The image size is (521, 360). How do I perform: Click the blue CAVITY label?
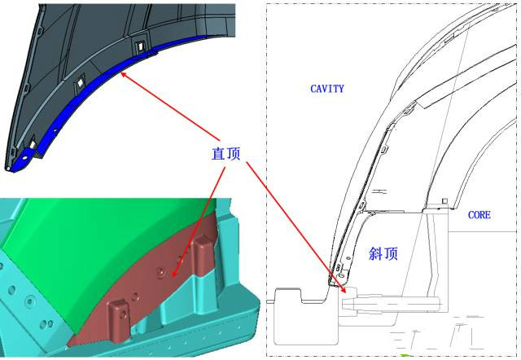(x=327, y=89)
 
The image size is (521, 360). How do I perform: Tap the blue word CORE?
(x=479, y=215)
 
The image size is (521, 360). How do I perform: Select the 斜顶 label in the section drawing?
(x=383, y=254)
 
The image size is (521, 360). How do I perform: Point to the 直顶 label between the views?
(x=226, y=154)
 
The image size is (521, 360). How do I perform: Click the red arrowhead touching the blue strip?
(x=123, y=74)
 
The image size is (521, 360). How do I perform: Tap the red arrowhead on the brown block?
(x=173, y=273)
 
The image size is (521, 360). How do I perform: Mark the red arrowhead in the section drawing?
(x=344, y=289)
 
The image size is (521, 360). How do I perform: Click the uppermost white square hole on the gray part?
(x=140, y=45)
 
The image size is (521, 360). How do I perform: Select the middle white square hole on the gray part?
(x=81, y=83)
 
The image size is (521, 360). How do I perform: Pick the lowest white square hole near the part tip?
(x=33, y=145)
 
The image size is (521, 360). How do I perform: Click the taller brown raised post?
(x=203, y=256)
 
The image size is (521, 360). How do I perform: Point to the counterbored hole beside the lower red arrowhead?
(x=161, y=273)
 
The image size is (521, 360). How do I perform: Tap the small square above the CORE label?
(x=445, y=201)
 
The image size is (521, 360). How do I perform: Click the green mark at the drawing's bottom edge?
(x=406, y=356)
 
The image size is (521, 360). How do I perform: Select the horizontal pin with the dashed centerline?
(x=391, y=304)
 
